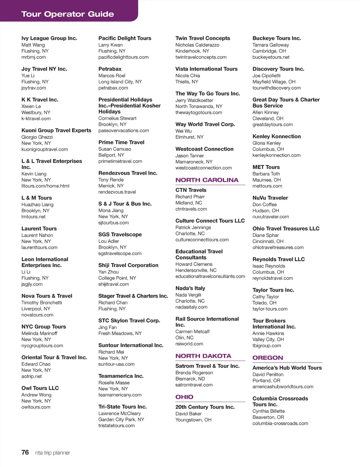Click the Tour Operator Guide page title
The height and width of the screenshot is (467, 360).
pyautogui.click(x=67, y=14)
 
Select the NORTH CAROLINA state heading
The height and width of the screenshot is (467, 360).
pyautogui.click(x=207, y=180)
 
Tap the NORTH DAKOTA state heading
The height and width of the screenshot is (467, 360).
pyautogui.click(x=203, y=356)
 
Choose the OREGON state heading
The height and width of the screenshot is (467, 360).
pyautogui.click(x=268, y=358)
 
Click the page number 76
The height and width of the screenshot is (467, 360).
pyautogui.click(x=25, y=452)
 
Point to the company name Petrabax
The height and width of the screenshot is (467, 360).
pyautogui.click(x=110, y=69)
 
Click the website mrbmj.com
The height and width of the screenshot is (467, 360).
pyautogui.click(x=33, y=57)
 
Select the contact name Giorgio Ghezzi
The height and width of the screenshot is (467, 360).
pyautogui.click(x=37, y=137)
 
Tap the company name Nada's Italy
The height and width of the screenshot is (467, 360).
pyautogui.click(x=190, y=288)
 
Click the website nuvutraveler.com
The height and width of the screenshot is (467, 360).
pyautogui.click(x=270, y=217)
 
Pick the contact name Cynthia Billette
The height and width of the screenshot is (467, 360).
pyautogui.click(x=268, y=411)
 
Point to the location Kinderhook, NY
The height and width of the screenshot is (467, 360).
pyautogui.click(x=192, y=51)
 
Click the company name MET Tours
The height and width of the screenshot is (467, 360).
pyautogui.click(x=266, y=167)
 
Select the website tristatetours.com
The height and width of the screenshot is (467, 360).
pyautogui.click(x=116, y=426)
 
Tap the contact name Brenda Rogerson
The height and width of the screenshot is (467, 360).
pyautogui.click(x=194, y=373)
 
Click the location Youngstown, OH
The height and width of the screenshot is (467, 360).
pyautogui.click(x=193, y=420)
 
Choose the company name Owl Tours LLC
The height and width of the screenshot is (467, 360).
pyautogui.click(x=40, y=388)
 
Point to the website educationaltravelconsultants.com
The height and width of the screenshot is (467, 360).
pyautogui.click(x=210, y=277)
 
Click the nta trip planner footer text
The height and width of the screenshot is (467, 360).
pyautogui.click(x=52, y=453)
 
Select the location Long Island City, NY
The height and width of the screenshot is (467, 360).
pyautogui.click(x=120, y=82)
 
